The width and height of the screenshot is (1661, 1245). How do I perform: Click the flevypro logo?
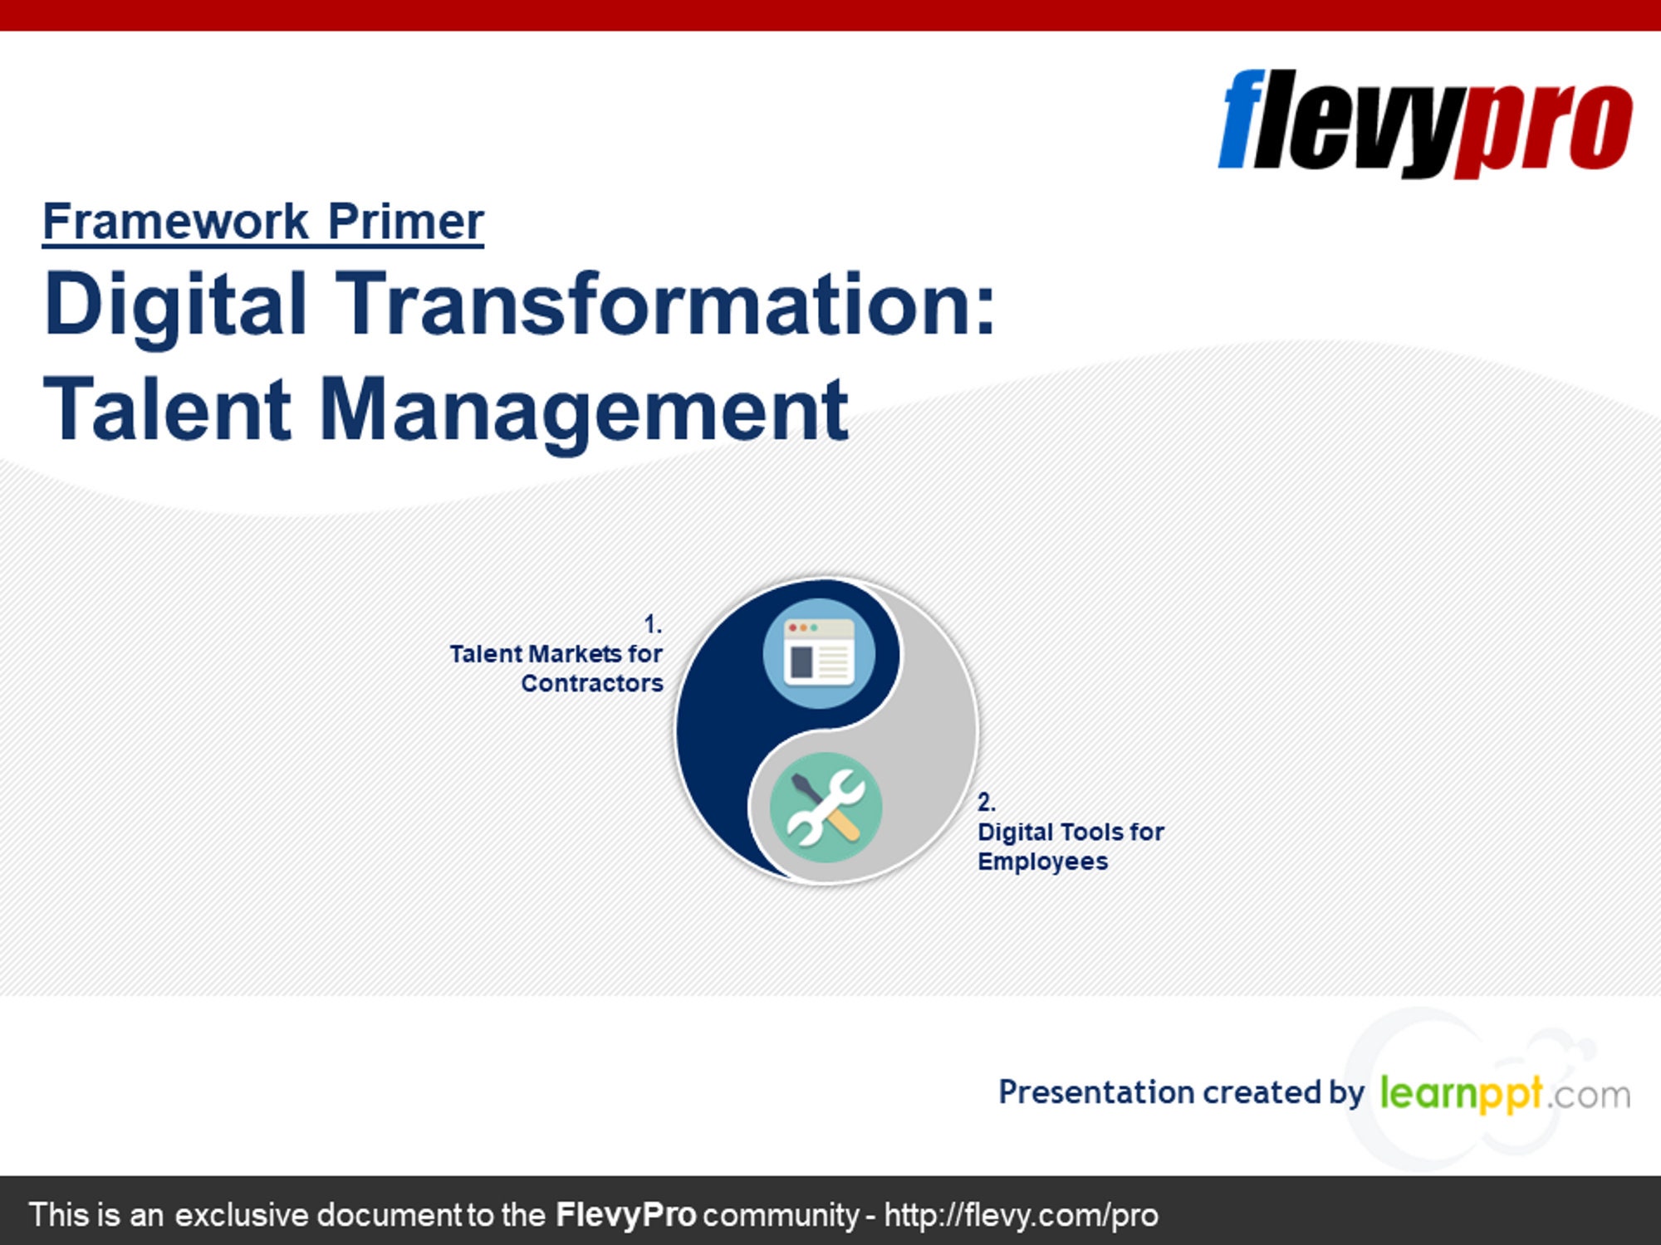pos(1425,123)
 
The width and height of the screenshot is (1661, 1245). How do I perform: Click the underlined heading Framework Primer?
pos(263,222)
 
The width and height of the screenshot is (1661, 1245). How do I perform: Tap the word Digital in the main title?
pos(176,307)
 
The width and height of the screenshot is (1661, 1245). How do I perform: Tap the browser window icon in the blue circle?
pos(819,653)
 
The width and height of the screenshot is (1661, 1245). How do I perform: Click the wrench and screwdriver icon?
pos(826,808)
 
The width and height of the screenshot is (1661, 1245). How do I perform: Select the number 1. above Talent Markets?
pos(653,624)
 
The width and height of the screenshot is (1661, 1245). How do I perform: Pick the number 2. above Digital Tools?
pos(986,802)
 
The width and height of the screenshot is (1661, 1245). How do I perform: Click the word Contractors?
pos(592,683)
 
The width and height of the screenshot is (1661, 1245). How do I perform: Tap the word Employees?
pos(1043,862)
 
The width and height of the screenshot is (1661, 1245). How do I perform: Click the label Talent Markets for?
pos(556,654)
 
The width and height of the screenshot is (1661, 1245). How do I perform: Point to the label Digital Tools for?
pos(1071,832)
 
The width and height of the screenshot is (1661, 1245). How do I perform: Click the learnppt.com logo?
pos(1505,1093)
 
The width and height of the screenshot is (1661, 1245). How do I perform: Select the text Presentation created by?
pos(1181,1093)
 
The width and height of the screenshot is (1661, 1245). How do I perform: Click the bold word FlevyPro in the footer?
pos(625,1215)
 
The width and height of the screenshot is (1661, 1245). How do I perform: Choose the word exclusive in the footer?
pos(241,1215)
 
